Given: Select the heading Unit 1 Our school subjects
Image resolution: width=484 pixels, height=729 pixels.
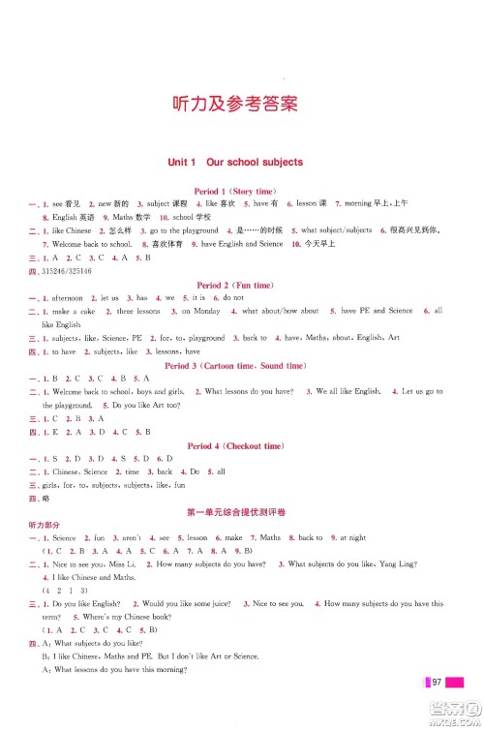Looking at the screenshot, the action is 235,162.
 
